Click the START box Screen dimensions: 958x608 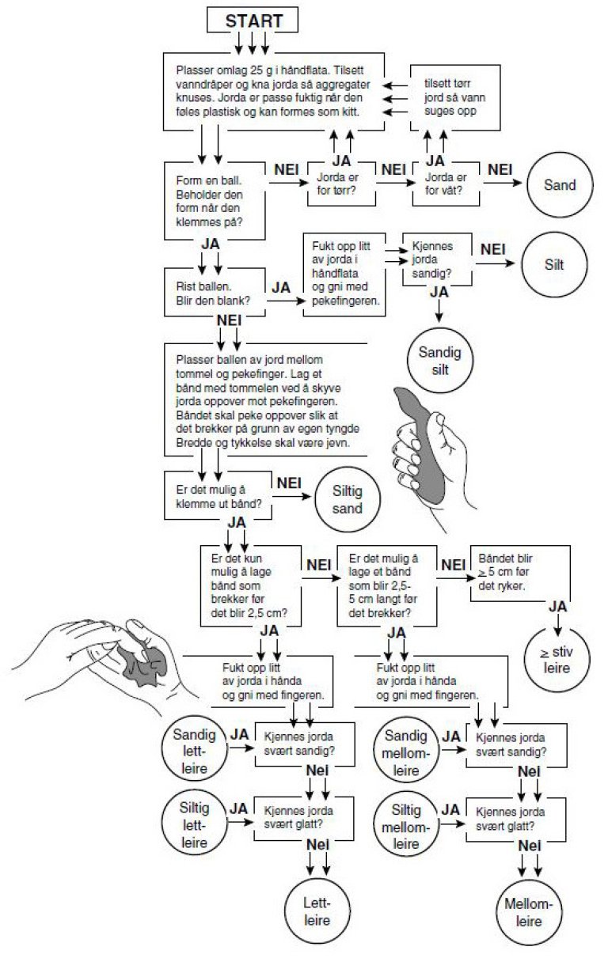point(253,20)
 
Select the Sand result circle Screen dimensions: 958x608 point(559,185)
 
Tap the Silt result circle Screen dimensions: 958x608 point(554,264)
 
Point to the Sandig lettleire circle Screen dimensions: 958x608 point(190,751)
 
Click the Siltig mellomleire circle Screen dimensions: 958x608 point(405,825)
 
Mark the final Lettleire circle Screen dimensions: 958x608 point(316,911)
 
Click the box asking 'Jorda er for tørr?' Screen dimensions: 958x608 point(341,184)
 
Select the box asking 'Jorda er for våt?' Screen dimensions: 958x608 point(448,184)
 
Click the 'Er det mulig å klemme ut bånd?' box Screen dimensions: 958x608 point(216,495)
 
